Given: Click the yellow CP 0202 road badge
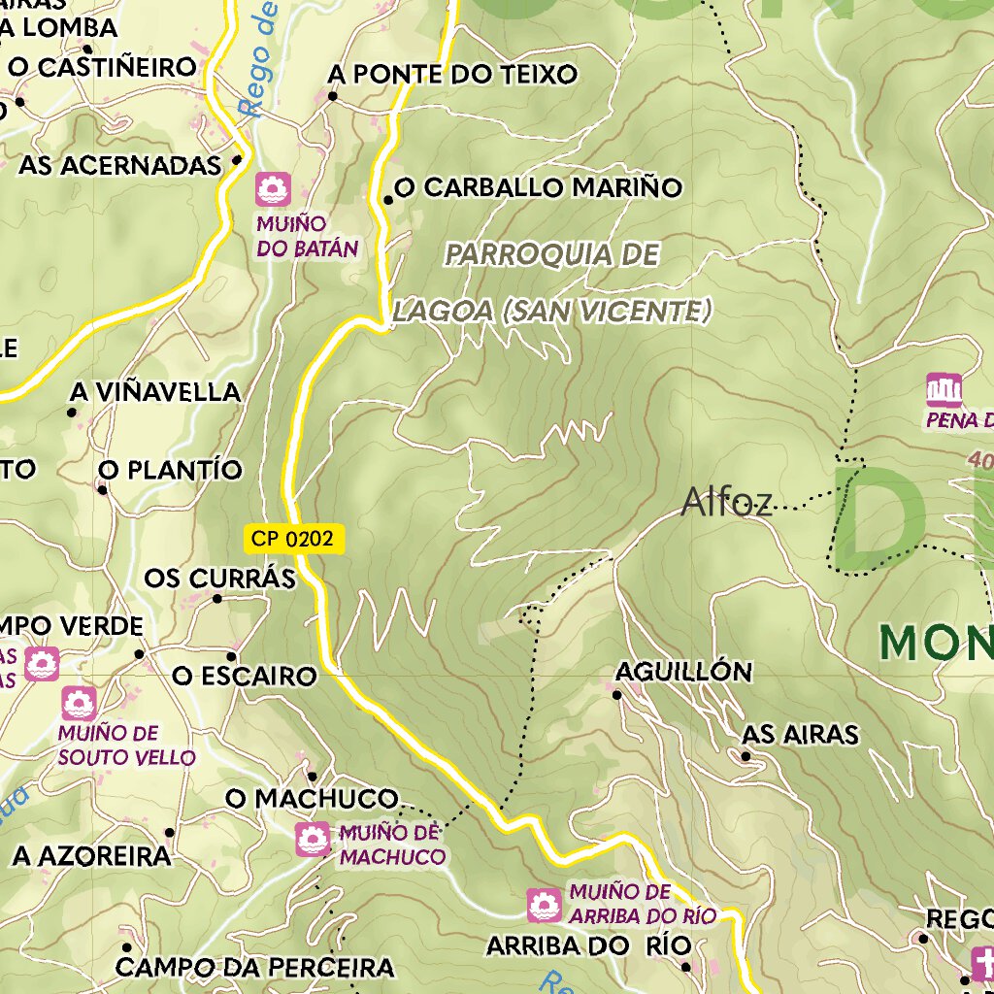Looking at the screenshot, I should (294, 540).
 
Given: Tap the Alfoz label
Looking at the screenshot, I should (726, 502).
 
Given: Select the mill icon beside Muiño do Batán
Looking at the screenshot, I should (274, 188).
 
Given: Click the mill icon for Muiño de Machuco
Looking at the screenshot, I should (312, 839).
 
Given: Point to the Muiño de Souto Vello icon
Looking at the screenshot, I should (79, 703).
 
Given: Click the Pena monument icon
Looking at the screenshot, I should (944, 390).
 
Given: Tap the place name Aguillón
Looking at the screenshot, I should (683, 672).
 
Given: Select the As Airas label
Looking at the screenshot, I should (800, 735).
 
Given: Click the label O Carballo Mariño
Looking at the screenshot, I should (538, 188).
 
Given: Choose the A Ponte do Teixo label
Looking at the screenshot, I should (452, 75).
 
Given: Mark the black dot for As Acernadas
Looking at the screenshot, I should (237, 161).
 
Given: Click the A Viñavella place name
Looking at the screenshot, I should (154, 392).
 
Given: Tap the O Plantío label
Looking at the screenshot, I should (170, 471).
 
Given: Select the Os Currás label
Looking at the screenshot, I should (219, 579).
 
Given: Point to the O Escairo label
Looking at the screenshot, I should (245, 676).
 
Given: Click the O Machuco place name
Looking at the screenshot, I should (312, 799).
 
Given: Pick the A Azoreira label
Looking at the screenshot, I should (91, 856).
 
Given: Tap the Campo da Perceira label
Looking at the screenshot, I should (254, 968).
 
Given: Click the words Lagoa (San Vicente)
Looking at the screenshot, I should (552, 312).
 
